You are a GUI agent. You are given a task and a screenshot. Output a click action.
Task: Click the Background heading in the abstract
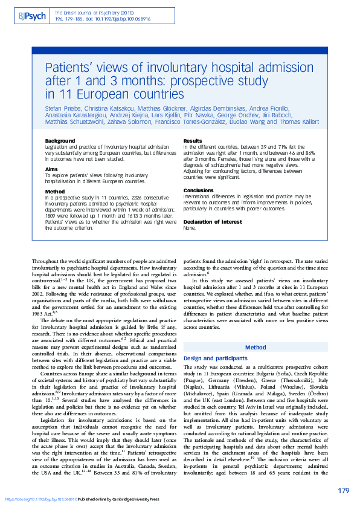60,141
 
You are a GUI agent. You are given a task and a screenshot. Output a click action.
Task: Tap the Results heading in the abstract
193,141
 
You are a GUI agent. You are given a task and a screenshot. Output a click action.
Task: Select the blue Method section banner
254,348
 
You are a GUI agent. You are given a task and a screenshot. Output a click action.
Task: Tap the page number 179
343,490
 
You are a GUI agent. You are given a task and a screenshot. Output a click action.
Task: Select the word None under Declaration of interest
189,229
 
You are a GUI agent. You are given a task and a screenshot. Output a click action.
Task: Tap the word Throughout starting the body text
46,261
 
